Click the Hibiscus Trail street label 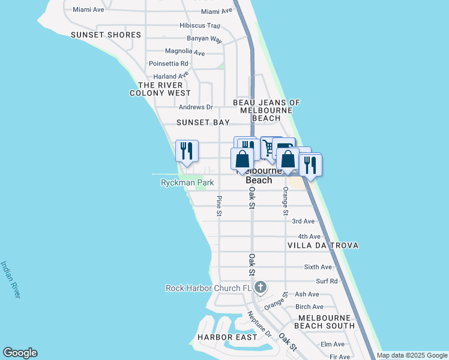(200, 25)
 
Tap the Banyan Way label (205, 38)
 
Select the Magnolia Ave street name (187, 51)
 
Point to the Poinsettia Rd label (169, 63)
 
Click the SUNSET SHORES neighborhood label (106, 35)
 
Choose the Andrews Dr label (196, 107)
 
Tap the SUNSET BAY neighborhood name (203, 122)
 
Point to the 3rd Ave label (303, 221)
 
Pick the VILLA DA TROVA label (323, 245)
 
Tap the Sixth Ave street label (318, 267)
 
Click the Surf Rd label (327, 281)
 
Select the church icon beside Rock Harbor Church (260, 287)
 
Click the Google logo (20, 353)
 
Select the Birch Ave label (309, 307)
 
